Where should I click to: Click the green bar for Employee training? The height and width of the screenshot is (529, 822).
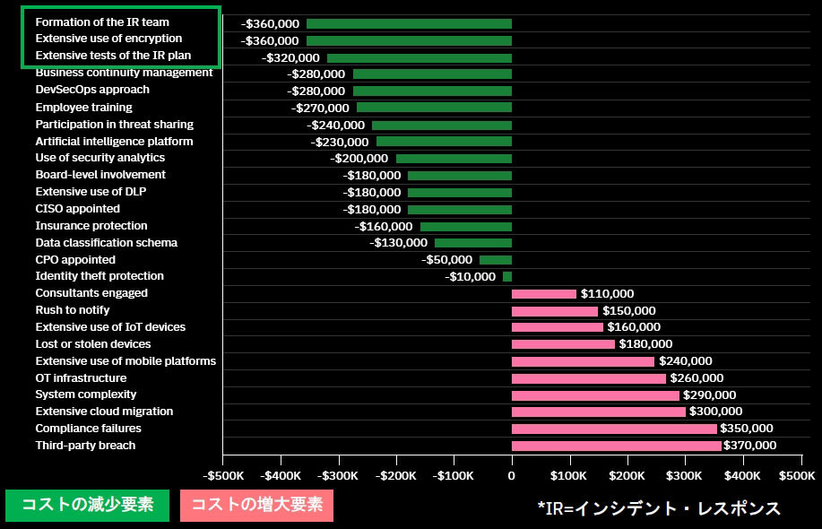coord(434,108)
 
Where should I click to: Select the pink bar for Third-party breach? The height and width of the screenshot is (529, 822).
coord(616,446)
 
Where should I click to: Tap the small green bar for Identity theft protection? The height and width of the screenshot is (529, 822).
coord(507,277)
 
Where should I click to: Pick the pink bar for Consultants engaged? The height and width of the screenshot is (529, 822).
coord(544,294)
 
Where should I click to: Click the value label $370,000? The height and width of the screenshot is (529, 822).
coord(751,446)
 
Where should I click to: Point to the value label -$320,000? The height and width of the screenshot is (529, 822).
coord(290,57)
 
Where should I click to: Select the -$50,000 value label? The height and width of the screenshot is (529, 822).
coord(448,260)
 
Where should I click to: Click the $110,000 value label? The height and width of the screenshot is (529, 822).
coord(607,294)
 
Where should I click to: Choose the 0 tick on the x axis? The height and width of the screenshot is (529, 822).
coord(512,473)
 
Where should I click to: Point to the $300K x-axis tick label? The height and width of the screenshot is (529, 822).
coord(685,473)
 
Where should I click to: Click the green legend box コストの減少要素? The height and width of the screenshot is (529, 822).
coord(87,505)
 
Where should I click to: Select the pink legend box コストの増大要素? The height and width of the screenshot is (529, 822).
coord(256,505)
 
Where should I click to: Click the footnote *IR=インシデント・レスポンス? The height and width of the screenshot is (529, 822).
coord(659,508)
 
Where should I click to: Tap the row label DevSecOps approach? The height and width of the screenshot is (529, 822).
coord(92,90)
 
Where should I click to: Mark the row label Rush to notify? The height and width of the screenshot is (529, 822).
coord(73,310)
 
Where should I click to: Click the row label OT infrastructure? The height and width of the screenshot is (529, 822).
coord(81,377)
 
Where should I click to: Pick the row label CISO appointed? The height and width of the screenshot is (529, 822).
coord(77,209)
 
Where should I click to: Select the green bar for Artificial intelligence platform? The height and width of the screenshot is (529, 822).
coord(444,142)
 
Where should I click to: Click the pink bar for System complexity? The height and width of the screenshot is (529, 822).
coord(595,395)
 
